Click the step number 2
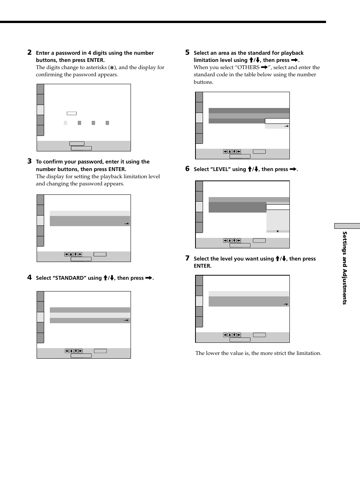tap(29, 52)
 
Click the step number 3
tap(29, 161)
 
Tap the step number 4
tap(29, 277)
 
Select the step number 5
tap(187, 52)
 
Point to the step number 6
tap(187, 169)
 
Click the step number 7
tap(187, 258)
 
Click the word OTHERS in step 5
tap(248, 68)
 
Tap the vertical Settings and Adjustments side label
tap(345, 268)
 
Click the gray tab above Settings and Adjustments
tap(347, 226)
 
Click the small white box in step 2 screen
tap(72, 113)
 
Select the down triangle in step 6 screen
tap(278, 231)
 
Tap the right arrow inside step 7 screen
tap(286, 304)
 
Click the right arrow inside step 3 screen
tap(127, 224)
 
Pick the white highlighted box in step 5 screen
tap(277, 121)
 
